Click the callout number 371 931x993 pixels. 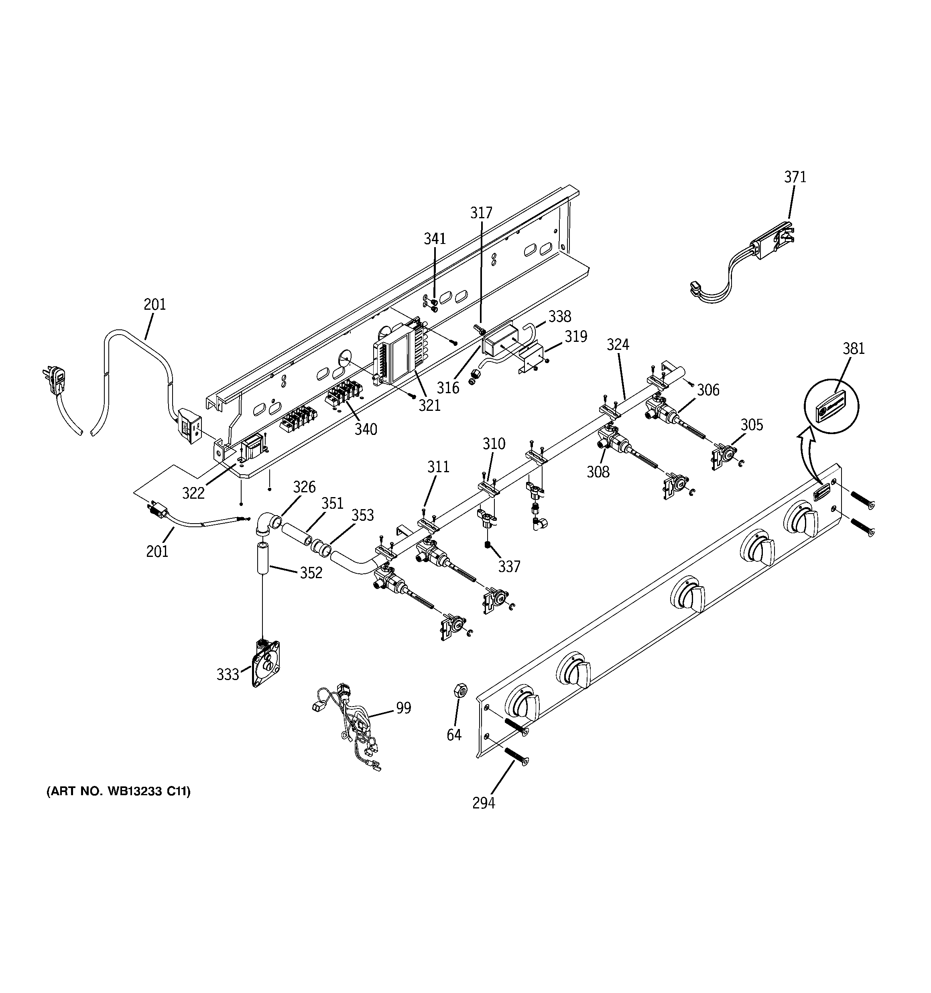coord(795,177)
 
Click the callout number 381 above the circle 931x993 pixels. coord(854,348)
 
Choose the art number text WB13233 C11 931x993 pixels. coord(118,791)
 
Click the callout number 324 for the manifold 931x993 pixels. coord(618,344)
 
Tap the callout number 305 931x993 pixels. coord(752,425)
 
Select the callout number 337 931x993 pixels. coord(509,567)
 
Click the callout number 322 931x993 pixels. coord(193,493)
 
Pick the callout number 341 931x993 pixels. coord(435,239)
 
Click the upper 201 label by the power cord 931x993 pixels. coord(154,304)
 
